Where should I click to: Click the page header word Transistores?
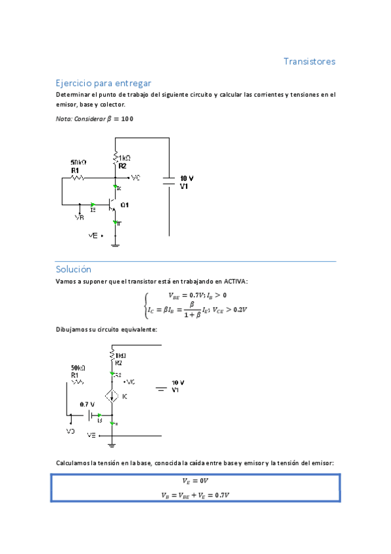point(309,61)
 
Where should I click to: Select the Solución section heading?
point(73,269)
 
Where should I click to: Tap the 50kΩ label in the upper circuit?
point(78,161)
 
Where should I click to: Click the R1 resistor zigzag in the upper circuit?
point(78,177)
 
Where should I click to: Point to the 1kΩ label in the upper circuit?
point(125,158)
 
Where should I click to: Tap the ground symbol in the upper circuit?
point(116,244)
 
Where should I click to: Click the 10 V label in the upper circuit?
point(187,178)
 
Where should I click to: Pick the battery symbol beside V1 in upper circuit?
point(168,181)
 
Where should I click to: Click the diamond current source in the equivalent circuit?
point(112,396)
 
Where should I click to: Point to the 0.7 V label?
point(88,404)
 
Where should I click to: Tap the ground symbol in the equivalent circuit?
point(112,446)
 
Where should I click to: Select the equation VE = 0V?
point(195,482)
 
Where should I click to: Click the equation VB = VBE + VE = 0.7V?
point(195,495)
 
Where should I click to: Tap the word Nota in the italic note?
point(63,118)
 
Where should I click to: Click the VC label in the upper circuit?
point(135,177)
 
